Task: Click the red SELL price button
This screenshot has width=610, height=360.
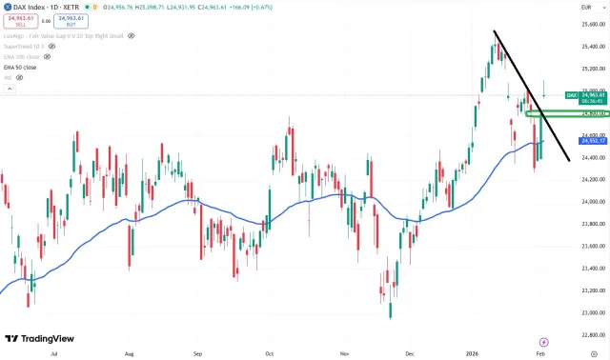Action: point(20,20)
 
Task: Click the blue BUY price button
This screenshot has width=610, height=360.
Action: point(62,20)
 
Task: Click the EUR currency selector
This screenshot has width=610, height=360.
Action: point(589,7)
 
